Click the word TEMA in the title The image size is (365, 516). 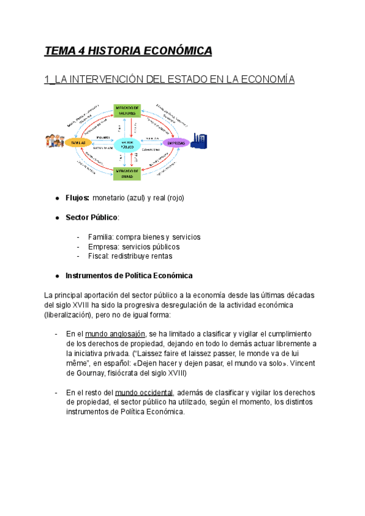click(x=57, y=51)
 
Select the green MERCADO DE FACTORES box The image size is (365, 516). click(x=127, y=110)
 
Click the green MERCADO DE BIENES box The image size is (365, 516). click(x=127, y=173)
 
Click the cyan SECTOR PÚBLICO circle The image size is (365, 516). click(x=127, y=144)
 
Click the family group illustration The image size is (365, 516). click(x=54, y=141)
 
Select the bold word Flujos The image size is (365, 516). click(x=77, y=198)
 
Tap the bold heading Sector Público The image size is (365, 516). click(x=92, y=217)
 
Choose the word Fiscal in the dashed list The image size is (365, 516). click(x=98, y=257)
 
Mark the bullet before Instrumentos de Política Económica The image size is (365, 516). click(x=57, y=276)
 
